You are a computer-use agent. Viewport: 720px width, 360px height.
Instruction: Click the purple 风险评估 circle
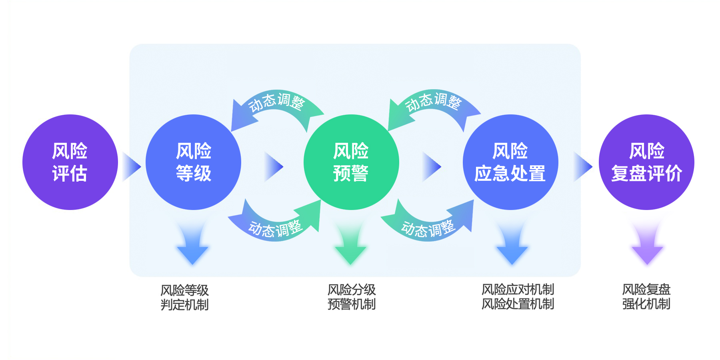pyautogui.click(x=70, y=162)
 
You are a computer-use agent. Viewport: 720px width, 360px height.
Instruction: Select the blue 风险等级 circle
pyautogui.click(x=193, y=162)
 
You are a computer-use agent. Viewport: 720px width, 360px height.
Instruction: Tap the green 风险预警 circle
pyautogui.click(x=351, y=162)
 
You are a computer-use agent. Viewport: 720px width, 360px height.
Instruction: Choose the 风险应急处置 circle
pyautogui.click(x=510, y=162)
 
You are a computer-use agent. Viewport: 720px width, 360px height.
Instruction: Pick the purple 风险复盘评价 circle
pyautogui.click(x=646, y=162)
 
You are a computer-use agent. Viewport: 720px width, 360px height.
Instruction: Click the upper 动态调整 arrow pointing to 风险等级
pyautogui.click(x=276, y=104)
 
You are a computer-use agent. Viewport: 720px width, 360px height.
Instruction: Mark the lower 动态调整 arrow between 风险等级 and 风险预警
pyautogui.click(x=276, y=226)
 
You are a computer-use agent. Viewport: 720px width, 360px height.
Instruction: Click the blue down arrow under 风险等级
pyautogui.click(x=192, y=246)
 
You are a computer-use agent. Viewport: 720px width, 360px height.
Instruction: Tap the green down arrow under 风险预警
pyautogui.click(x=350, y=246)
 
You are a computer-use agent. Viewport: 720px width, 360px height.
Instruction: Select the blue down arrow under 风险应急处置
pyautogui.click(x=512, y=246)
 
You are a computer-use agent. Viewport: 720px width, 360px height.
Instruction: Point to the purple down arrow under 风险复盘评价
pyautogui.click(x=647, y=246)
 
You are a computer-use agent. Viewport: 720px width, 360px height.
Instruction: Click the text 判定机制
pyautogui.click(x=184, y=305)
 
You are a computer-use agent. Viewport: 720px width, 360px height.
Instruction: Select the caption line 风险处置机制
pyautogui.click(x=518, y=304)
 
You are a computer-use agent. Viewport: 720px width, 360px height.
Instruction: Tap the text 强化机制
pyautogui.click(x=646, y=304)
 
